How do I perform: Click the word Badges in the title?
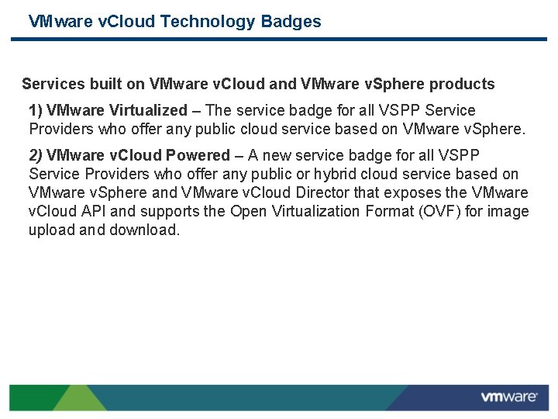(291, 21)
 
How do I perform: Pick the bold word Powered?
(198, 155)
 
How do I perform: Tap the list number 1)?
(36, 110)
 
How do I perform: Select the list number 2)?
(36, 155)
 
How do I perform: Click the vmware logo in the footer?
(508, 397)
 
